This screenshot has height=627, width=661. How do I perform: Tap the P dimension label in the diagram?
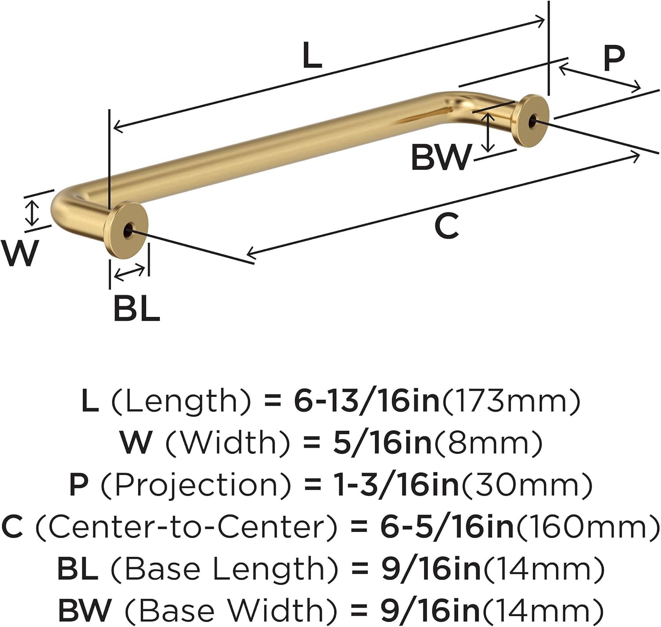point(614,58)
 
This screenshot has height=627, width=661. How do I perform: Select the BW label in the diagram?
point(441,157)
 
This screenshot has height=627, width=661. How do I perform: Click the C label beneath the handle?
point(446,226)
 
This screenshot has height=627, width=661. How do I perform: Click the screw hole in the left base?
point(128,230)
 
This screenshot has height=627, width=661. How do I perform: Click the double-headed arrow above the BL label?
point(129,273)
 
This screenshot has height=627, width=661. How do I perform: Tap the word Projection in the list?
point(197,484)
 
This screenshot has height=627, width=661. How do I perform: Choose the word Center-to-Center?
point(186,526)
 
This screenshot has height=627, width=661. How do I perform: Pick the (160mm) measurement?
point(586,526)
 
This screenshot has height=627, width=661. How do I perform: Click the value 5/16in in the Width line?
point(382,442)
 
